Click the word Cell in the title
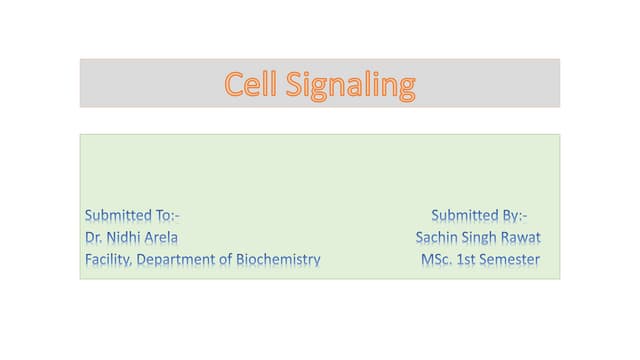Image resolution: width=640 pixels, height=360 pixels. click(252, 85)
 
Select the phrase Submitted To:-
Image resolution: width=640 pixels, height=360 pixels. click(132, 215)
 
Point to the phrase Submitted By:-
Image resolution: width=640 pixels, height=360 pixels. click(480, 215)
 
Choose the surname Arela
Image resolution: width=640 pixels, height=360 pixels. click(163, 238)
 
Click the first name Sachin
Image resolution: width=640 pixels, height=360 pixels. click(436, 238)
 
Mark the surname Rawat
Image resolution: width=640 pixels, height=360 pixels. click(521, 238)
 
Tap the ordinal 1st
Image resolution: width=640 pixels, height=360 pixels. click(468, 260)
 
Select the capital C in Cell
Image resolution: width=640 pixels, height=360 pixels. click(234, 85)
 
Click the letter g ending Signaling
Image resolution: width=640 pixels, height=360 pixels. click(405, 88)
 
